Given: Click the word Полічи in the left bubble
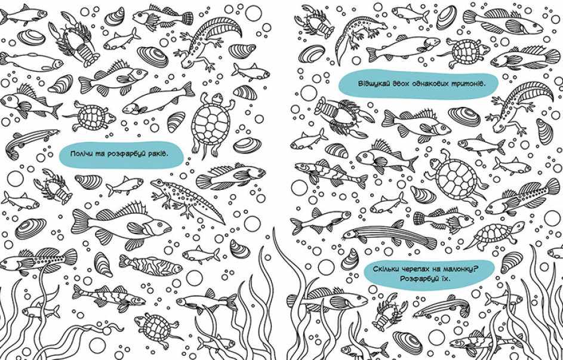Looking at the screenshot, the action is pos(80,154).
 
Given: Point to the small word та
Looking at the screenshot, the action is pos(97,155).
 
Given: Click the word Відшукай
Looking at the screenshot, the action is pos(371,84).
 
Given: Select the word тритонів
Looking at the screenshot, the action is pos(467,84).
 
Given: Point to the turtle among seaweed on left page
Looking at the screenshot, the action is pos(155,326).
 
